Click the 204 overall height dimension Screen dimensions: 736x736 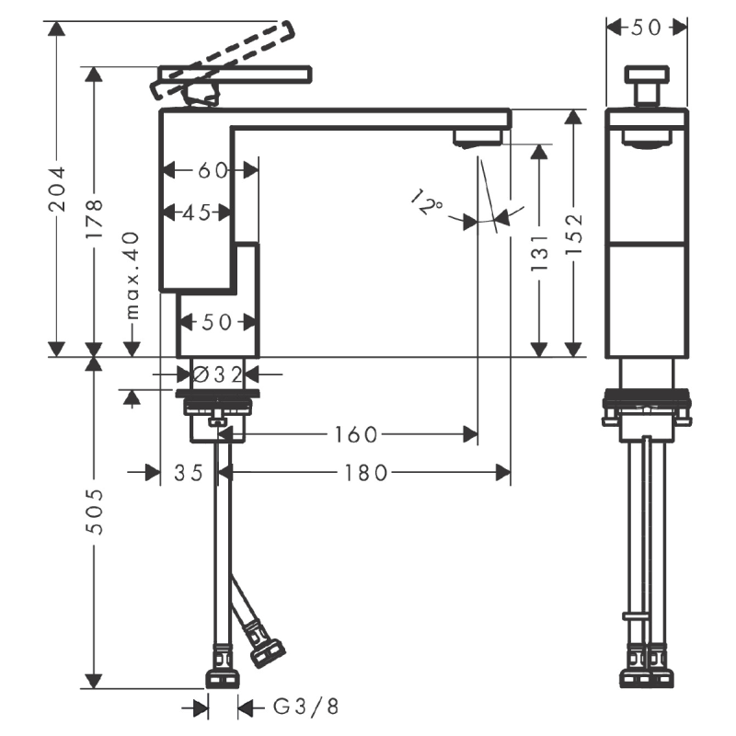click(57, 189)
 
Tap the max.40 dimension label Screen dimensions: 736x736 click(131, 275)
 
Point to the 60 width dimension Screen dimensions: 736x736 click(212, 169)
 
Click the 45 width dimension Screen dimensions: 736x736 click(196, 213)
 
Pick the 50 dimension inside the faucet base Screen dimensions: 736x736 click(216, 322)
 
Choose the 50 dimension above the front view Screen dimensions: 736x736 click(647, 28)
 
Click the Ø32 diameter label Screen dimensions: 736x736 click(217, 374)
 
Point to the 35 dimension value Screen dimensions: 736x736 click(188, 472)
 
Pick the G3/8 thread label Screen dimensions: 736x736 click(306, 707)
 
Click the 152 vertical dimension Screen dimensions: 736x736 click(573, 234)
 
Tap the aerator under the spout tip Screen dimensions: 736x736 click(477, 138)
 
